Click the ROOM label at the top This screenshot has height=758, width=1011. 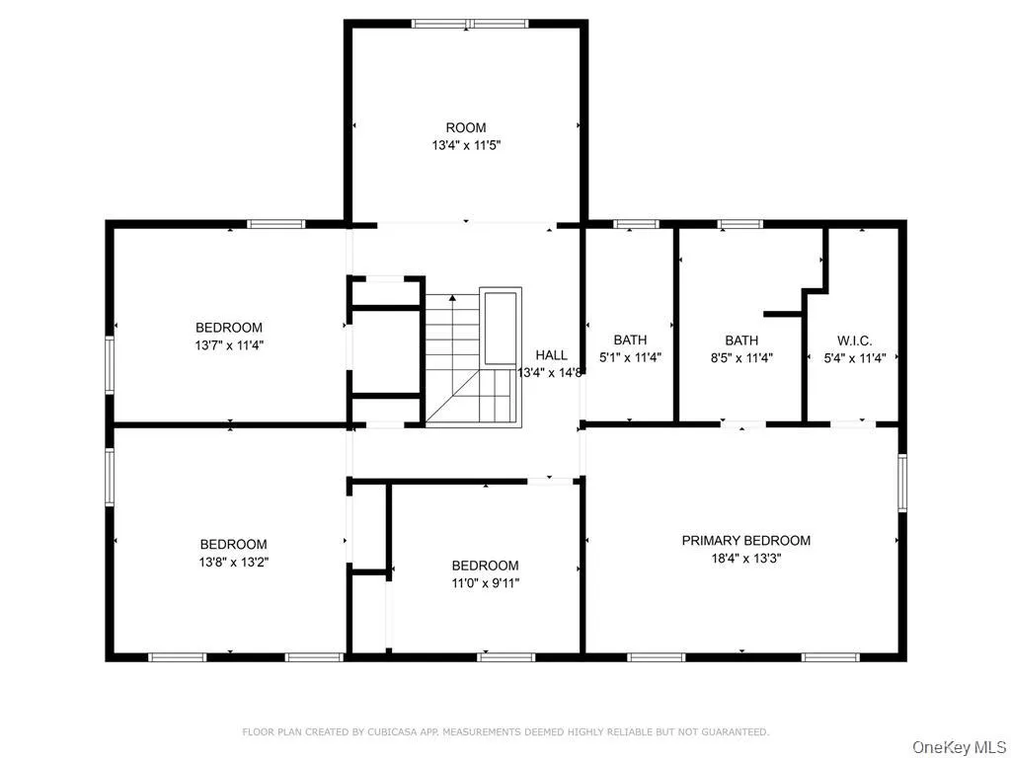[x=466, y=127]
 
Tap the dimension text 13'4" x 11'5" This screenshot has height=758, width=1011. [x=466, y=145]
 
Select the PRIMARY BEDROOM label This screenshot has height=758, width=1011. [x=745, y=540]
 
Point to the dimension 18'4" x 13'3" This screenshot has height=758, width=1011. [x=745, y=558]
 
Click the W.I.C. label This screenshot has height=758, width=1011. [x=854, y=340]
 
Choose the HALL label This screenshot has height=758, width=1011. [x=552, y=355]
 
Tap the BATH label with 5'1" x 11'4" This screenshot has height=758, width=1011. [x=630, y=340]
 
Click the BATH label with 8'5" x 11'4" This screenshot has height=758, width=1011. [x=741, y=340]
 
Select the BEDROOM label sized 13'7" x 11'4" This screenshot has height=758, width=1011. [x=229, y=328]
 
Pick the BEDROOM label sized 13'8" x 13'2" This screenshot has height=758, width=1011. [x=234, y=544]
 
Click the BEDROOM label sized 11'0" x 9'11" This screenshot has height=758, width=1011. [x=485, y=566]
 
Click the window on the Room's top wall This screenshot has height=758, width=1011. [x=471, y=23]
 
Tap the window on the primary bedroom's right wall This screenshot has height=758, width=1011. [x=901, y=483]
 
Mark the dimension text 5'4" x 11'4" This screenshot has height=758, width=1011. [x=855, y=358]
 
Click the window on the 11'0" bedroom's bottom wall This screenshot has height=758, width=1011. [x=505, y=656]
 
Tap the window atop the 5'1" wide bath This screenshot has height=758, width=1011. [x=636, y=224]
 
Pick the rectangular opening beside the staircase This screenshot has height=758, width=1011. [x=501, y=327]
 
